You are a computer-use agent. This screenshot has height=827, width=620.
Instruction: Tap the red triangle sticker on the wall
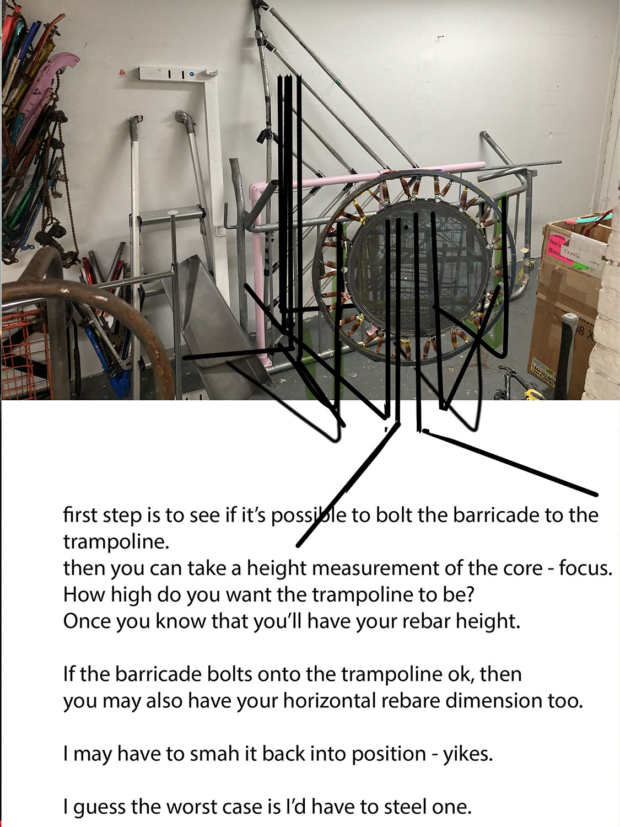pyautogui.click(x=122, y=72)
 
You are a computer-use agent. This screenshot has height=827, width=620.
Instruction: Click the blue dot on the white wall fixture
pyautogui.click(x=192, y=74)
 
